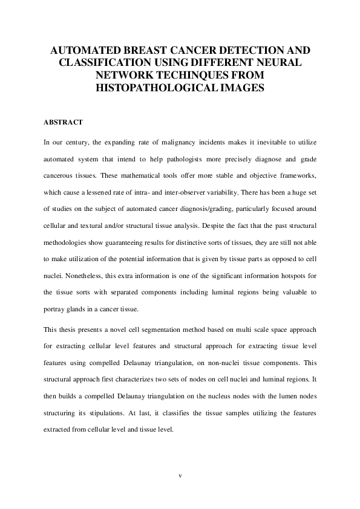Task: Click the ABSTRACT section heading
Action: pos(63,122)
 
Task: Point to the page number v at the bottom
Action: pos(180,476)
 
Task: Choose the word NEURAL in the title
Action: pos(284,62)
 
